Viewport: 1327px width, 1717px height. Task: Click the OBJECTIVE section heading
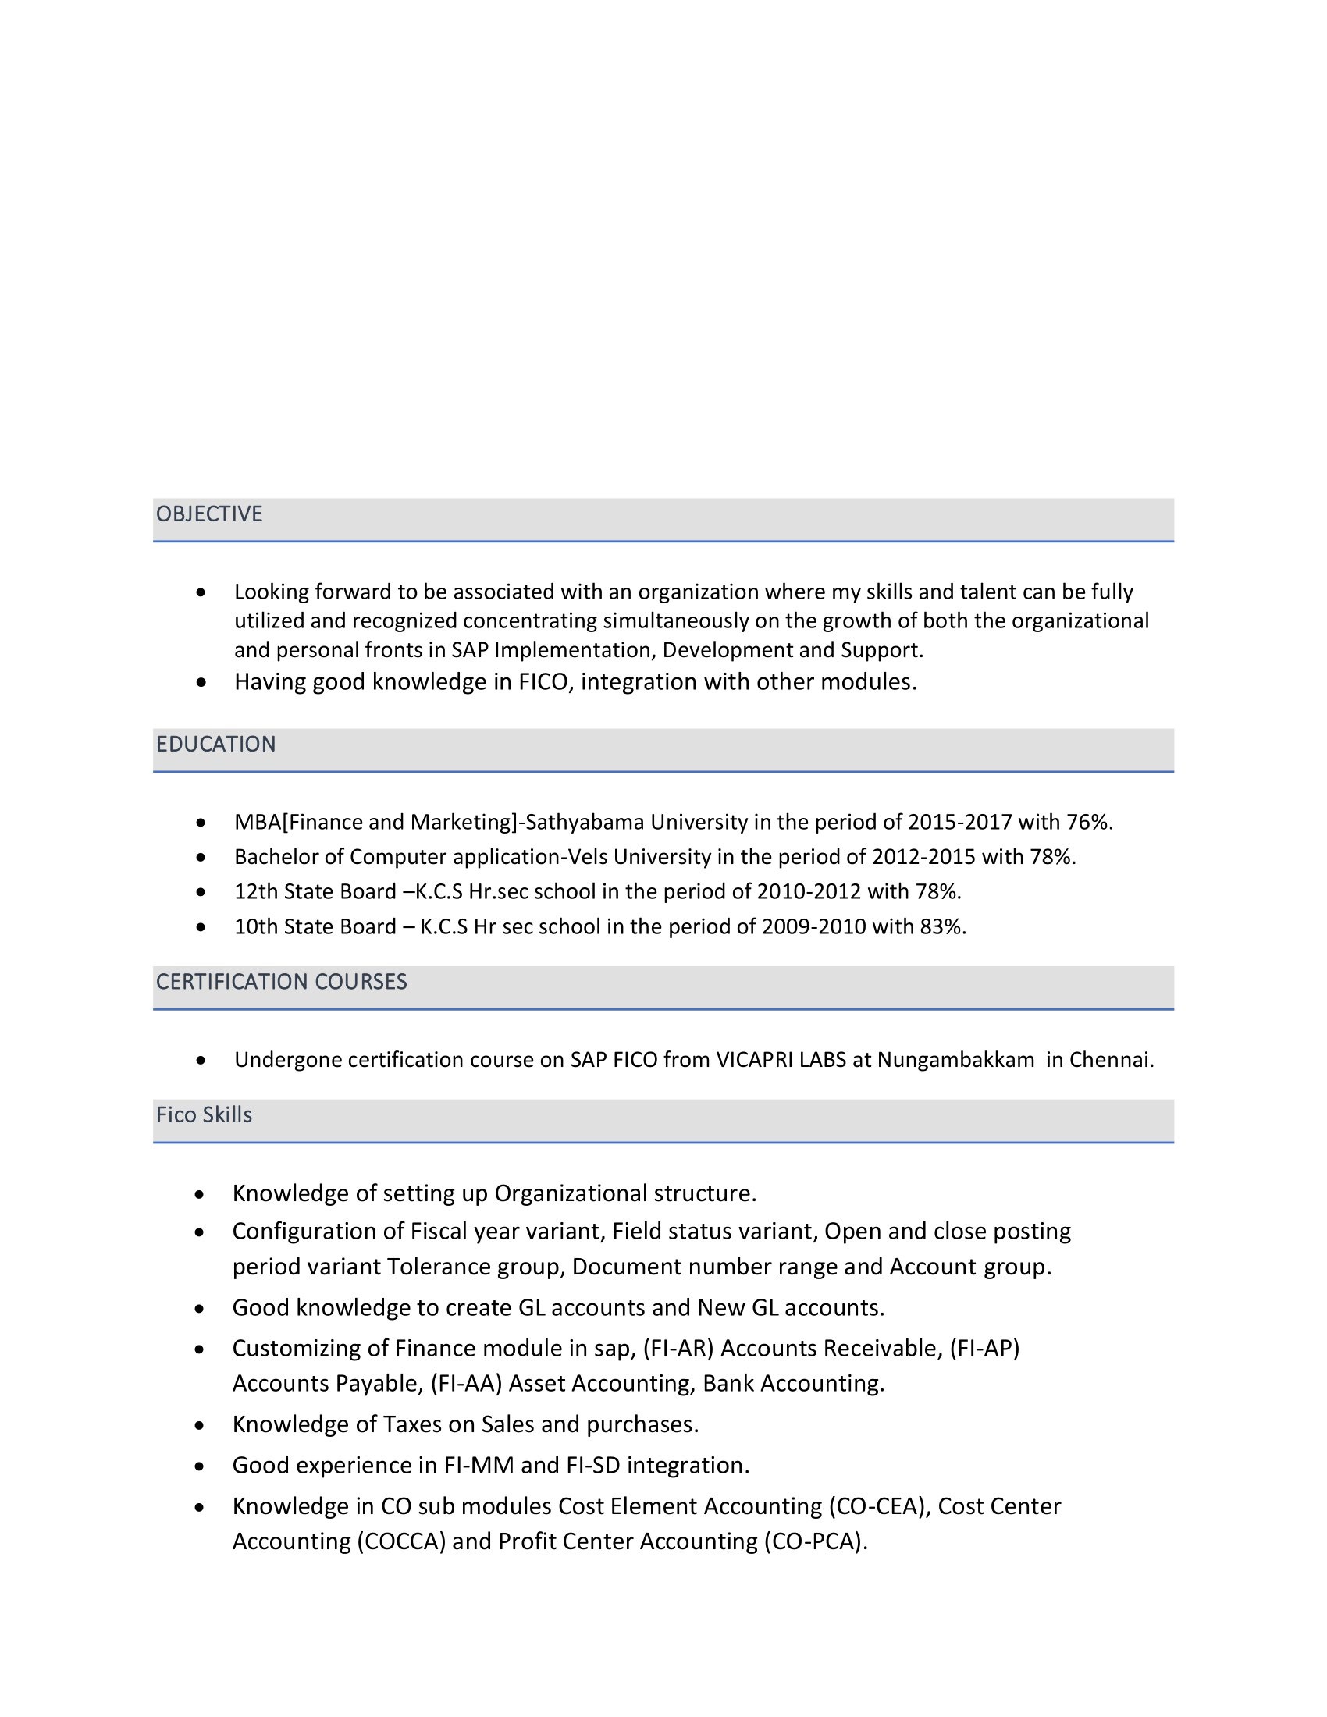coord(209,514)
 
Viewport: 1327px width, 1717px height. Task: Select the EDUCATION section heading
coord(216,745)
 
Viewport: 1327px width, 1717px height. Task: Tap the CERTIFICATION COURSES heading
coord(282,982)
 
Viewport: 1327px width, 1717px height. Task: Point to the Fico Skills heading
coord(205,1115)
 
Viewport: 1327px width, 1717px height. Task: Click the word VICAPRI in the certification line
coord(754,1061)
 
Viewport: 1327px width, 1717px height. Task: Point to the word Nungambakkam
coord(956,1061)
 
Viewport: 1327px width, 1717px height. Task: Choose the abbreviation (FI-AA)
coord(466,1384)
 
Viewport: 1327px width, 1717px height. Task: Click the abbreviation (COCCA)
coord(402,1541)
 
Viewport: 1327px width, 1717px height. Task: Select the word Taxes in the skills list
coord(412,1424)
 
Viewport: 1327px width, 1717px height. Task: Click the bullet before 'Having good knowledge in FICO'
coord(201,682)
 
